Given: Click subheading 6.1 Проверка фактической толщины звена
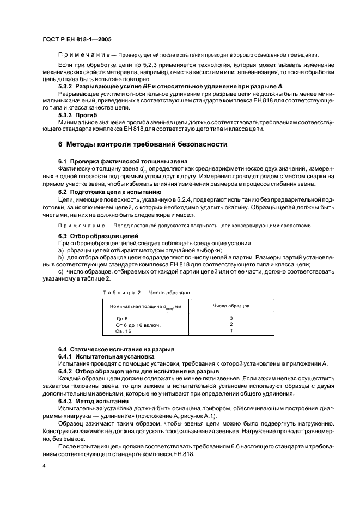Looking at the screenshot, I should tap(123, 162).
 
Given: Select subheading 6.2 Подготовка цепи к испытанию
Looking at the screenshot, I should tap(109, 192).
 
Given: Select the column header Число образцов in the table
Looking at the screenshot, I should tap(231, 306).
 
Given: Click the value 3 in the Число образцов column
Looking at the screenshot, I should tap(231, 318).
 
